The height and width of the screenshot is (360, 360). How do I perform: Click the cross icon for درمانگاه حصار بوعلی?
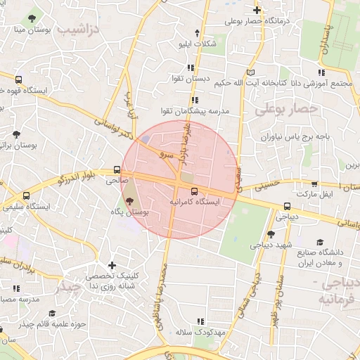pos(257,11)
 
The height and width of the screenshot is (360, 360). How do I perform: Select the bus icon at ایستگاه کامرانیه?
pos(194,191)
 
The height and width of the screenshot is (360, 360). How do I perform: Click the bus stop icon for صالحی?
pos(117,169)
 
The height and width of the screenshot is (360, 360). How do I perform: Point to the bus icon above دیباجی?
pos(286,206)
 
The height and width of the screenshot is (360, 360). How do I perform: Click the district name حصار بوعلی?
pos(286,110)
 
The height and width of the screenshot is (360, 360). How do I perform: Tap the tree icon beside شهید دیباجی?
pos(271,234)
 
